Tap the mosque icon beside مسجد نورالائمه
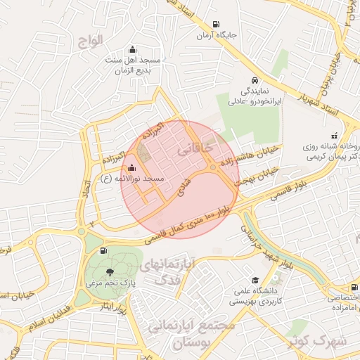pyautogui.click(x=131, y=167)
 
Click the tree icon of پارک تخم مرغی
pyautogui.click(x=109, y=271)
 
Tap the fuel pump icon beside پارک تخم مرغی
pyautogui.click(x=105, y=250)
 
